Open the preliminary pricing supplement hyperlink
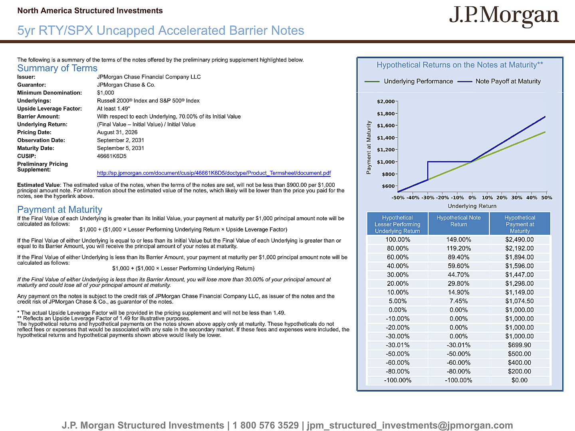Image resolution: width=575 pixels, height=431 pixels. [214, 173]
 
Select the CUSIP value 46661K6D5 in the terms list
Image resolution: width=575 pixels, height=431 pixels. [111, 156]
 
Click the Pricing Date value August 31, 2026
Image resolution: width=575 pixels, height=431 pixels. [117, 132]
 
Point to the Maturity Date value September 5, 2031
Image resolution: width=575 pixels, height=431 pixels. [121, 148]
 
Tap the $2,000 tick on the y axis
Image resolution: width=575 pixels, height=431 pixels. [386, 101]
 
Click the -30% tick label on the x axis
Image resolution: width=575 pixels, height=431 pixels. [428, 198]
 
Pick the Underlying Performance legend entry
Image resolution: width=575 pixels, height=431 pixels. [408, 81]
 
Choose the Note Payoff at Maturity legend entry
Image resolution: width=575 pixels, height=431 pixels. [499, 81]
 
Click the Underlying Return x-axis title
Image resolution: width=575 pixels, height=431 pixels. [472, 206]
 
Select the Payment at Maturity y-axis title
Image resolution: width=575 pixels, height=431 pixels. [369, 147]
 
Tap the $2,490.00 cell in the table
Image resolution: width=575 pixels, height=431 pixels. [519, 239]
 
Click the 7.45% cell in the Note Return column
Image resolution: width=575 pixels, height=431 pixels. [458, 301]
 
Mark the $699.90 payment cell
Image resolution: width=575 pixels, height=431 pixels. [519, 345]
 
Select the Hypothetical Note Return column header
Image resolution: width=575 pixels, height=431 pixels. [458, 221]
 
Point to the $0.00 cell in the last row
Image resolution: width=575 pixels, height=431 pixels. [519, 380]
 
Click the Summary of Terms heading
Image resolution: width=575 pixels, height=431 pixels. [57, 68]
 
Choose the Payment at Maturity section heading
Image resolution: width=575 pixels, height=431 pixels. [60, 210]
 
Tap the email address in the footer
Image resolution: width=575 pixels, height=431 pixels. [410, 425]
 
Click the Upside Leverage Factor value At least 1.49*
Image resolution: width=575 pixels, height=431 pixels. [113, 109]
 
